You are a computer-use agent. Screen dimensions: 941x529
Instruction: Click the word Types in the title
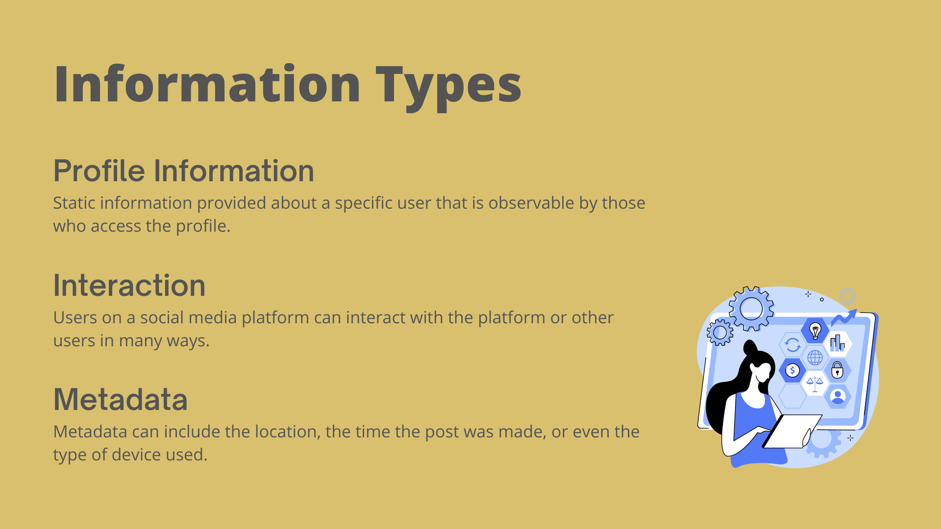[x=448, y=86]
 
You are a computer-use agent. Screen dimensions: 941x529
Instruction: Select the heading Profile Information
[x=184, y=170]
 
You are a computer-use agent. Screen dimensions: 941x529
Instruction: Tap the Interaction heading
[x=129, y=285]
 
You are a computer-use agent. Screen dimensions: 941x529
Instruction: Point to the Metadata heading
[x=121, y=399]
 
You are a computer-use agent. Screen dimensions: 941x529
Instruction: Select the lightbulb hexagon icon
[x=815, y=331]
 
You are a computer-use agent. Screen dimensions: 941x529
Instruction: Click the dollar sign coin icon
[x=792, y=371]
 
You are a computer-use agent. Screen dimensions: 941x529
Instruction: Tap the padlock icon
[x=838, y=370]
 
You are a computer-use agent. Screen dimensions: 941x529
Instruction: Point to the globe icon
[x=815, y=358]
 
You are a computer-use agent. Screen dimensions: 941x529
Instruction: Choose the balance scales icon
[x=815, y=384]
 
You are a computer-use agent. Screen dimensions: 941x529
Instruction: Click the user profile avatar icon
[x=838, y=396]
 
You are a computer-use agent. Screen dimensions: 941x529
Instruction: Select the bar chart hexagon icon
[x=838, y=343]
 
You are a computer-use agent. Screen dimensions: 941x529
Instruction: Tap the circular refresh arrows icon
[x=792, y=345]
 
